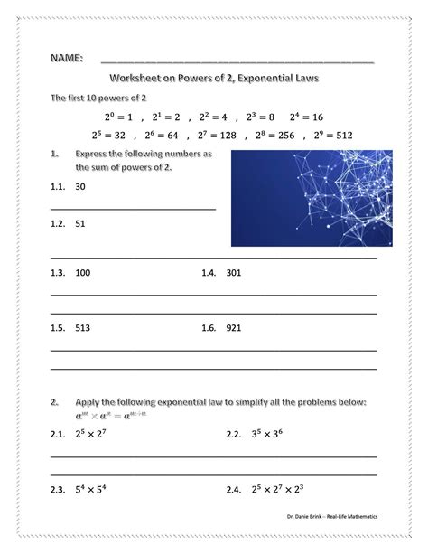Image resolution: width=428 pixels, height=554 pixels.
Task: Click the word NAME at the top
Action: (x=66, y=59)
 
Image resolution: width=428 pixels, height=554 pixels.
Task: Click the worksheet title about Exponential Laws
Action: (x=215, y=80)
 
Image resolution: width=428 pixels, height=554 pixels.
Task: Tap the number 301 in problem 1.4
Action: (x=235, y=271)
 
